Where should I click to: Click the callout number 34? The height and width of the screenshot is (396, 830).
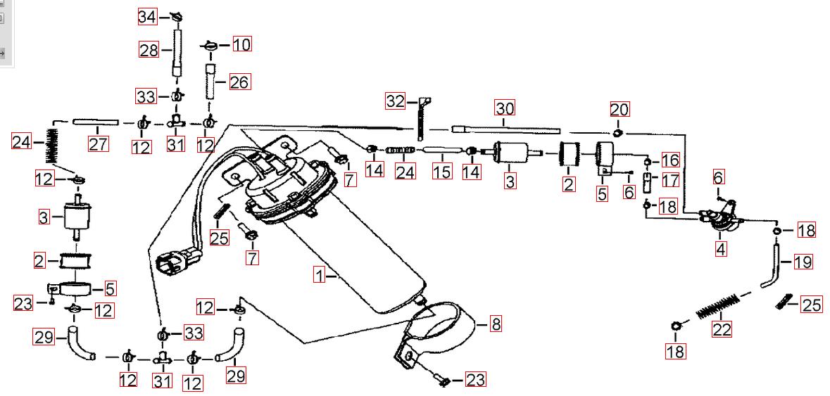tap(148, 16)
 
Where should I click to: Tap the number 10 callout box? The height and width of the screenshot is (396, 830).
tap(241, 45)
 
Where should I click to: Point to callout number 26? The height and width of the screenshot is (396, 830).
tap(239, 82)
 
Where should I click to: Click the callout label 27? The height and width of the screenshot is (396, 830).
tap(98, 144)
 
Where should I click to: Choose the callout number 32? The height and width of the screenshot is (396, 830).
tap(395, 101)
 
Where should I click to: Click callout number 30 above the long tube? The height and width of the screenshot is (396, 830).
tap(505, 108)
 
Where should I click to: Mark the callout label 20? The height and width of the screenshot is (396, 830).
tap(620, 109)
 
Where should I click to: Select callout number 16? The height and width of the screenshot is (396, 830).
tap(670, 160)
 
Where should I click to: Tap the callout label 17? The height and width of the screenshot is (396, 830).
tap(670, 180)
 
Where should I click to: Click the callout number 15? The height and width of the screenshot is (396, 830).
tap(442, 170)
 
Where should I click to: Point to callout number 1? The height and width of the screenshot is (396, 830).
tap(320, 276)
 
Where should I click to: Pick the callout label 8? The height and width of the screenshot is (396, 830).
tap(496, 324)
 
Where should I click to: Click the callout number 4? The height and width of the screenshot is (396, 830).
tap(720, 248)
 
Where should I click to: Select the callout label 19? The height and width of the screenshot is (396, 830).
tap(803, 262)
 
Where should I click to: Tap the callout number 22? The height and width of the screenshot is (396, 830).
tap(722, 328)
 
